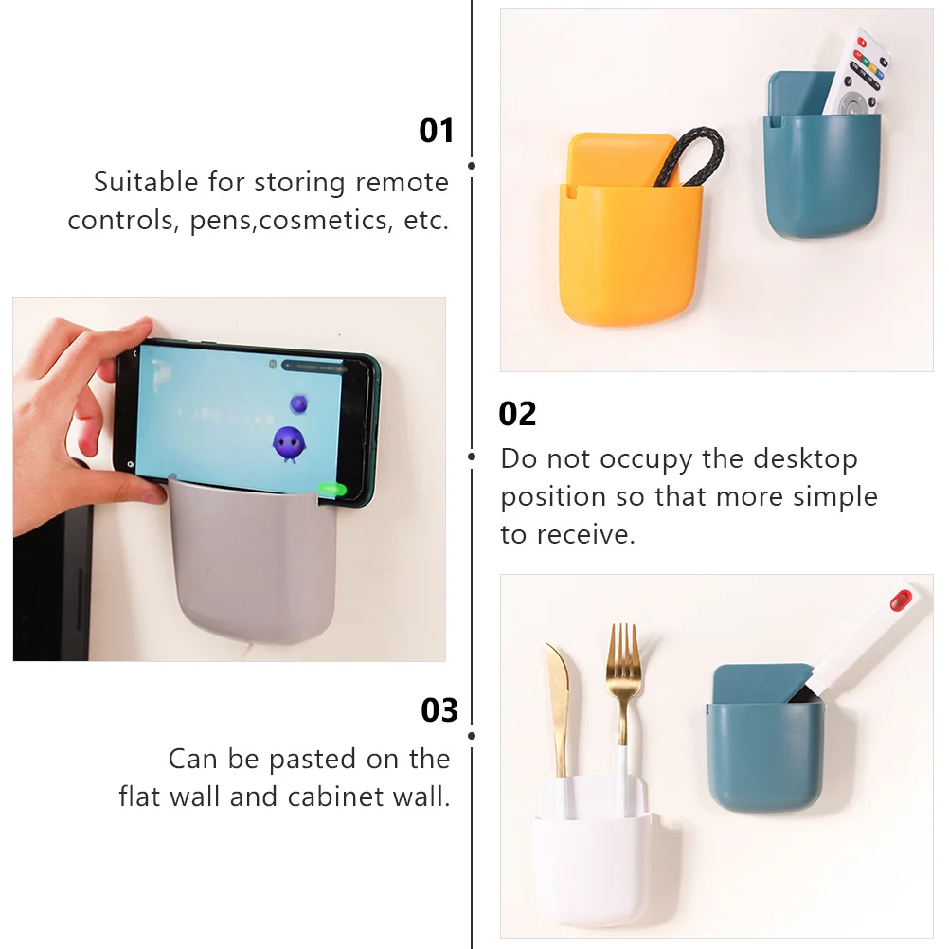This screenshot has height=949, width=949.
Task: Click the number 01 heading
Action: (x=437, y=131)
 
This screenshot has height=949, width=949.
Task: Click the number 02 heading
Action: (x=517, y=414)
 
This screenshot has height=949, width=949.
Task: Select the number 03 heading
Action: (x=439, y=710)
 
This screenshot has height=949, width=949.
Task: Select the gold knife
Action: (x=557, y=701)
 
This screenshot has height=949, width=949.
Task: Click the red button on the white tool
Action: (x=901, y=600)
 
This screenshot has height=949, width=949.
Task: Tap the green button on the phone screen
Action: (x=332, y=490)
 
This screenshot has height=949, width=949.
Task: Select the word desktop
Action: (x=805, y=459)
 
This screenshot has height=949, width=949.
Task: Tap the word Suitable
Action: (x=146, y=182)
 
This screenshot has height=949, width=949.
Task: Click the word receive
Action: (x=587, y=535)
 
